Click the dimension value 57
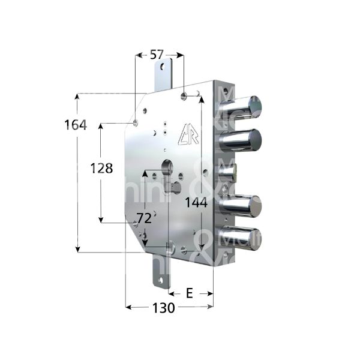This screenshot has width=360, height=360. [157, 55]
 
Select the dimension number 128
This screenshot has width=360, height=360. [101, 169]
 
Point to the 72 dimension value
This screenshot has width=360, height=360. [144, 218]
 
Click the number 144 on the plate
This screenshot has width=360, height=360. [196, 203]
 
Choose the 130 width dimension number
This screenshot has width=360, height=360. [163, 308]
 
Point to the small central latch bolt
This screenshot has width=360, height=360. [231, 175]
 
